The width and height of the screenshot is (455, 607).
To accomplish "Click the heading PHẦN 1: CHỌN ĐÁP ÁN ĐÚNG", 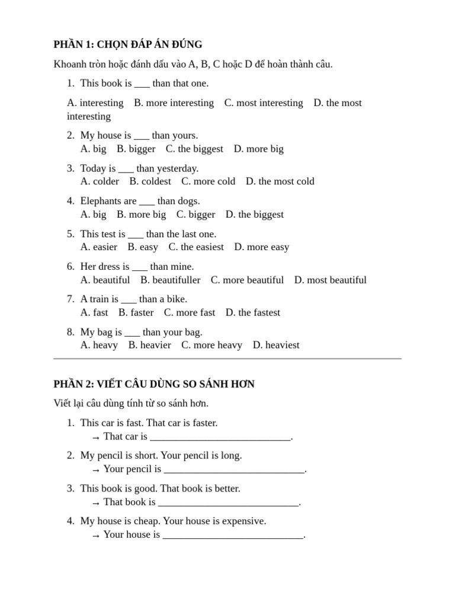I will pos(127,44).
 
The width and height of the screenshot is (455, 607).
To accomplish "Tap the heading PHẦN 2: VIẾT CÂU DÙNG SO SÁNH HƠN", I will pos(154,384).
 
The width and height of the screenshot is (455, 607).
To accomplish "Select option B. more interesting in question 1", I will pos(174,103).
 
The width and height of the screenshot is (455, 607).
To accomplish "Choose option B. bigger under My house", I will pos(136,149).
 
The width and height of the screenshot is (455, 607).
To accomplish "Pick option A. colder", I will pos(100,181).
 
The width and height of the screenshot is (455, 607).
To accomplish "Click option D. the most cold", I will pos(280,181).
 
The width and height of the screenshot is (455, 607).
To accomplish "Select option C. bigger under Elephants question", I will pos(196,215).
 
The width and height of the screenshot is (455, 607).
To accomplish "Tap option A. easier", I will pos(99,247).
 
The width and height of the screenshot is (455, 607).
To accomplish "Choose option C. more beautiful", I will pos(247,280).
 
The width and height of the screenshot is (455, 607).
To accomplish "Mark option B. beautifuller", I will pos(170,280).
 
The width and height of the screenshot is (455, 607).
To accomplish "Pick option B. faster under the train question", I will pos(136,312).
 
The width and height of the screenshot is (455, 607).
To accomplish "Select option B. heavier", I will pos(149,345).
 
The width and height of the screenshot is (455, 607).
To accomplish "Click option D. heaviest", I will pos(276,345).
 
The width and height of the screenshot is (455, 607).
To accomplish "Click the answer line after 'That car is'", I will pos(220,437).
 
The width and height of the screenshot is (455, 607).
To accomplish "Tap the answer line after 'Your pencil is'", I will pos(234,470).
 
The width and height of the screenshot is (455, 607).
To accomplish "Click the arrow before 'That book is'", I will pos(96,503).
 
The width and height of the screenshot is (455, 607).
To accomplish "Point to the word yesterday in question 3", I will pos(177,168).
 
